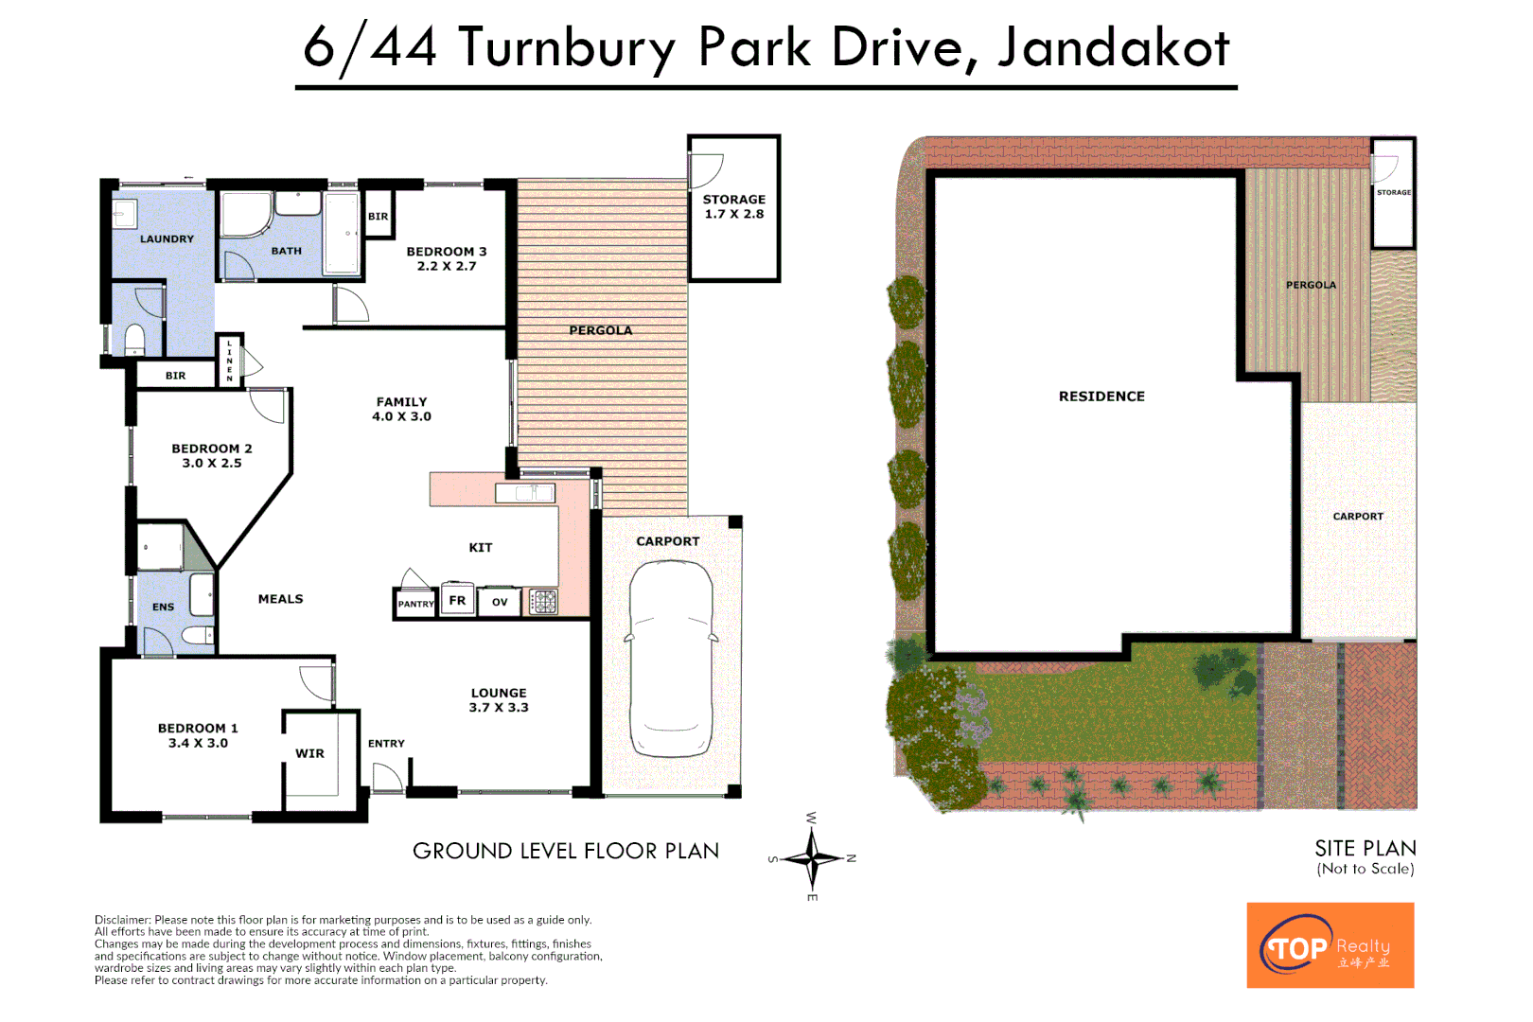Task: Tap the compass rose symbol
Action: [811, 859]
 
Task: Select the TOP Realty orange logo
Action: [1330, 945]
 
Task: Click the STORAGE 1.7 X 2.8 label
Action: [733, 206]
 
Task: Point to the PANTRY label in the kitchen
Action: [415, 604]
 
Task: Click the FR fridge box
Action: [457, 600]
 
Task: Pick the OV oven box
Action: [500, 602]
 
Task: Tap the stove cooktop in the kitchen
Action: [544, 601]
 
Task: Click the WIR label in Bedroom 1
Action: [309, 753]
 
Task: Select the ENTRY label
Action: [386, 744]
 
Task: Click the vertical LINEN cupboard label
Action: [229, 361]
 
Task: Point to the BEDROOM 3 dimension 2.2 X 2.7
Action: [447, 266]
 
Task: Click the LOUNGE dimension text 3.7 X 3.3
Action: [499, 708]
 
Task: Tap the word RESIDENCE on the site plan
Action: [1101, 396]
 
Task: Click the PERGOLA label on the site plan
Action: [1311, 285]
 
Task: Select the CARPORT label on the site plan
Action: [1358, 517]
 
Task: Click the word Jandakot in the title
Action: [1114, 47]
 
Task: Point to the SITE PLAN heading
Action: [1365, 848]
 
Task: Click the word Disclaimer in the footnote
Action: [122, 920]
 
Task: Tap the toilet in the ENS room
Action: [197, 635]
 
